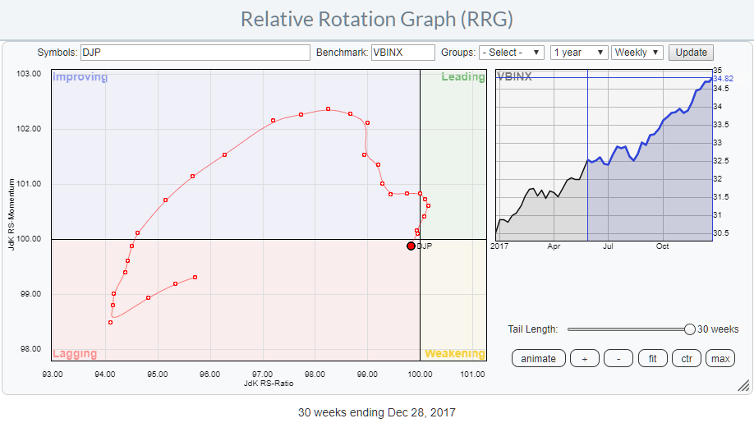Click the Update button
(691, 53)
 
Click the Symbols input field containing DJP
(195, 53)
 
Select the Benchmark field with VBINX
(402, 53)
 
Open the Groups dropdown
(511, 53)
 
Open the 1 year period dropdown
(578, 53)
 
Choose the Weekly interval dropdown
(637, 53)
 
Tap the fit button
(653, 359)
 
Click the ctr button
(687, 359)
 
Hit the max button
(720, 359)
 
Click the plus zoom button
(584, 359)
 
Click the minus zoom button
(618, 359)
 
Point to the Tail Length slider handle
(690, 329)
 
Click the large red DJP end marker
(411, 246)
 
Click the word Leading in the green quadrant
(462, 77)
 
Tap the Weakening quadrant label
(454, 353)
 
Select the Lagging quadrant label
(75, 354)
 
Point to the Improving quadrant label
(80, 77)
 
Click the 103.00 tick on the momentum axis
(30, 74)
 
